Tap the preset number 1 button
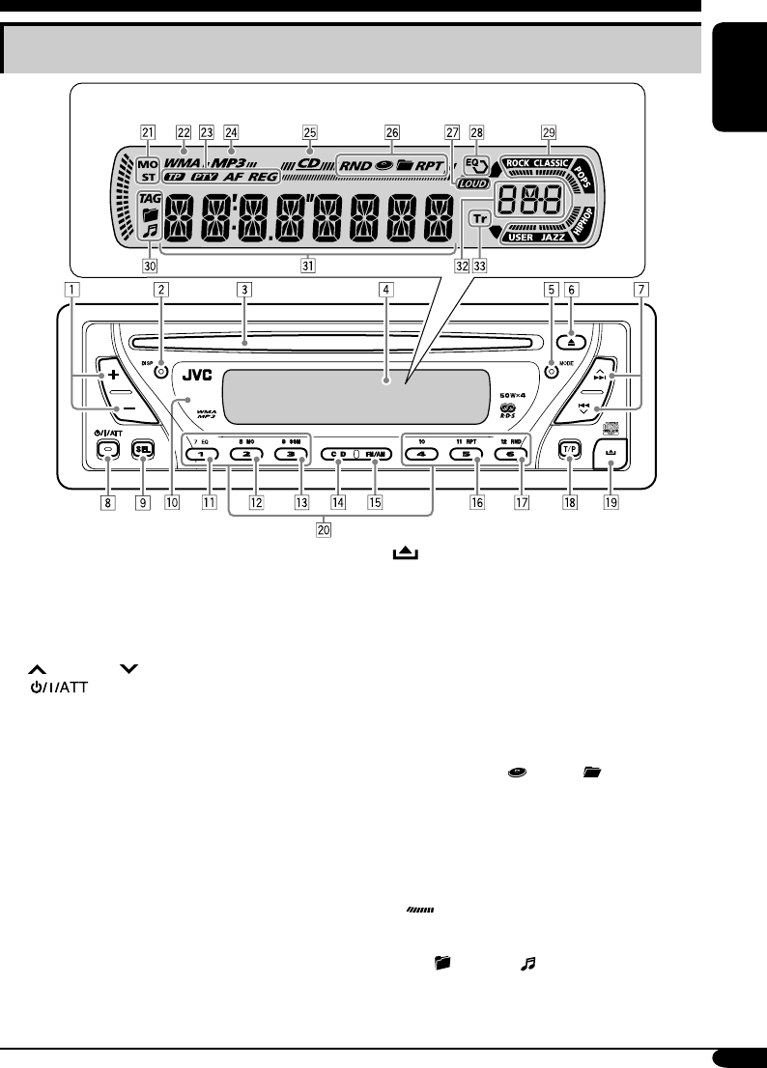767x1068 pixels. tap(203, 454)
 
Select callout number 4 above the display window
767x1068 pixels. tap(385, 288)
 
